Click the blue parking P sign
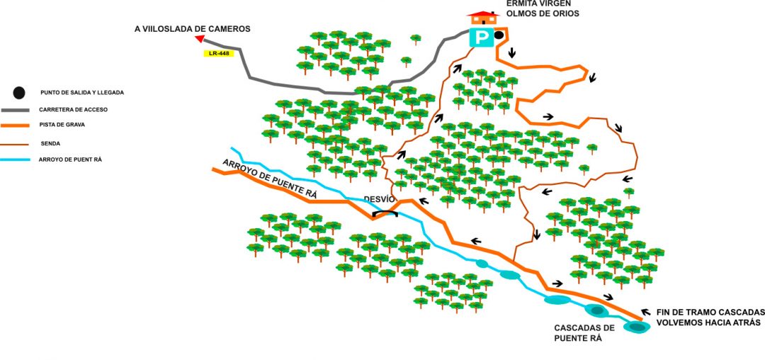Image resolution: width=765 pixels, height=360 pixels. pyautogui.click(x=482, y=36)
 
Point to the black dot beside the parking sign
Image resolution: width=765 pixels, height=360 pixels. pyautogui.click(x=499, y=35)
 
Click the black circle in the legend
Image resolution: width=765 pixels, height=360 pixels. pyautogui.click(x=19, y=92)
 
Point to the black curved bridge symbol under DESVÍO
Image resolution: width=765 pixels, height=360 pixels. pyautogui.click(x=386, y=213)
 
